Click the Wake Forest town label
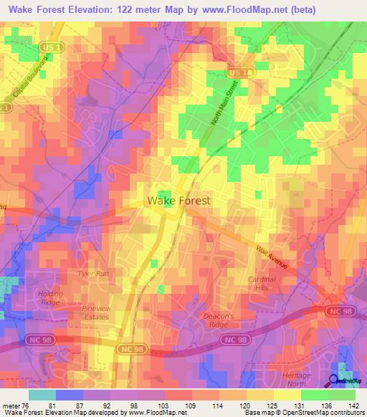pyautogui.click(x=178, y=201)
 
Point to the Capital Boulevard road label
pyautogui.click(x=29, y=80)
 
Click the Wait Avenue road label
pyautogui.click(x=272, y=256)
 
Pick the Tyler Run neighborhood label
pyautogui.click(x=92, y=274)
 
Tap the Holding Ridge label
pyautogui.click(x=50, y=298)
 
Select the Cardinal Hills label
pyautogui.click(x=262, y=284)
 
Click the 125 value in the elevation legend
pyautogui.click(x=271, y=406)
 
